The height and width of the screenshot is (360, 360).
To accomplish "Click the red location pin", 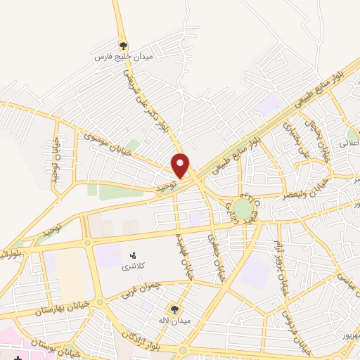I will (x=181, y=165).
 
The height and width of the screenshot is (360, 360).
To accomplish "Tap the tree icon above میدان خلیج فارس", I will (x=124, y=44).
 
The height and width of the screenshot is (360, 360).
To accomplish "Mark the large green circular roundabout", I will (x=242, y=209).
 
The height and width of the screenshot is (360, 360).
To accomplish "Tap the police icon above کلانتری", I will (x=133, y=254).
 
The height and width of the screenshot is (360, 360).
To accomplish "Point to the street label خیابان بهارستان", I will (x=63, y=308).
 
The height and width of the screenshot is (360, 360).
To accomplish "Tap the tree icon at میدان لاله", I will (x=173, y=309).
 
